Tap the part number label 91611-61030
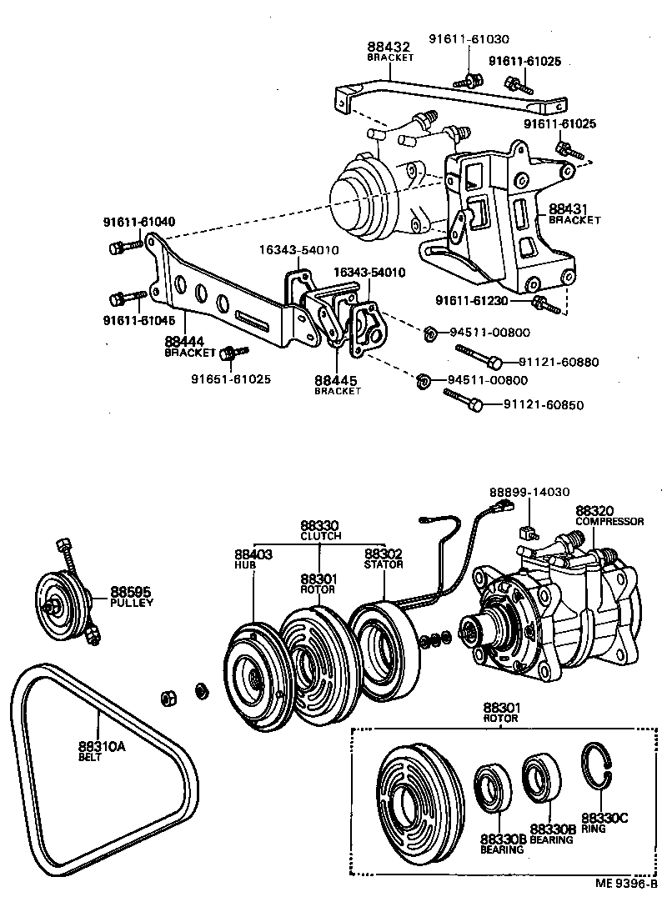pyautogui.click(x=469, y=39)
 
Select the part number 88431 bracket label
pyautogui.click(x=566, y=208)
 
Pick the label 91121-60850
pyautogui.click(x=543, y=405)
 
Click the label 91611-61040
pyautogui.click(x=139, y=222)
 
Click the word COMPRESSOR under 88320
pyautogui.click(x=609, y=521)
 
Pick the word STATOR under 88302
pyautogui.click(x=384, y=564)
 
